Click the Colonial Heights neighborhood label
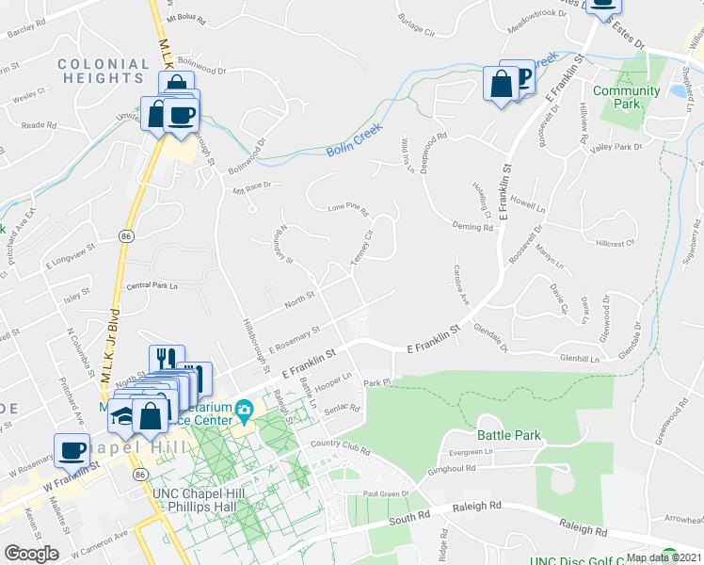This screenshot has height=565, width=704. (x=104, y=72)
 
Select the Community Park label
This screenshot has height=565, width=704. (x=626, y=98)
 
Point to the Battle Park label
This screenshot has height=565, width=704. (x=510, y=435)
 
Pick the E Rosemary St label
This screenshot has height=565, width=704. (x=295, y=340)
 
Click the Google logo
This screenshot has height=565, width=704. (x=32, y=553)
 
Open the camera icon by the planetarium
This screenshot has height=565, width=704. (x=245, y=409)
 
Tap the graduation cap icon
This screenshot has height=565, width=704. (x=121, y=414)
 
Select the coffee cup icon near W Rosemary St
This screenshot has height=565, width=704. (x=72, y=449)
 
